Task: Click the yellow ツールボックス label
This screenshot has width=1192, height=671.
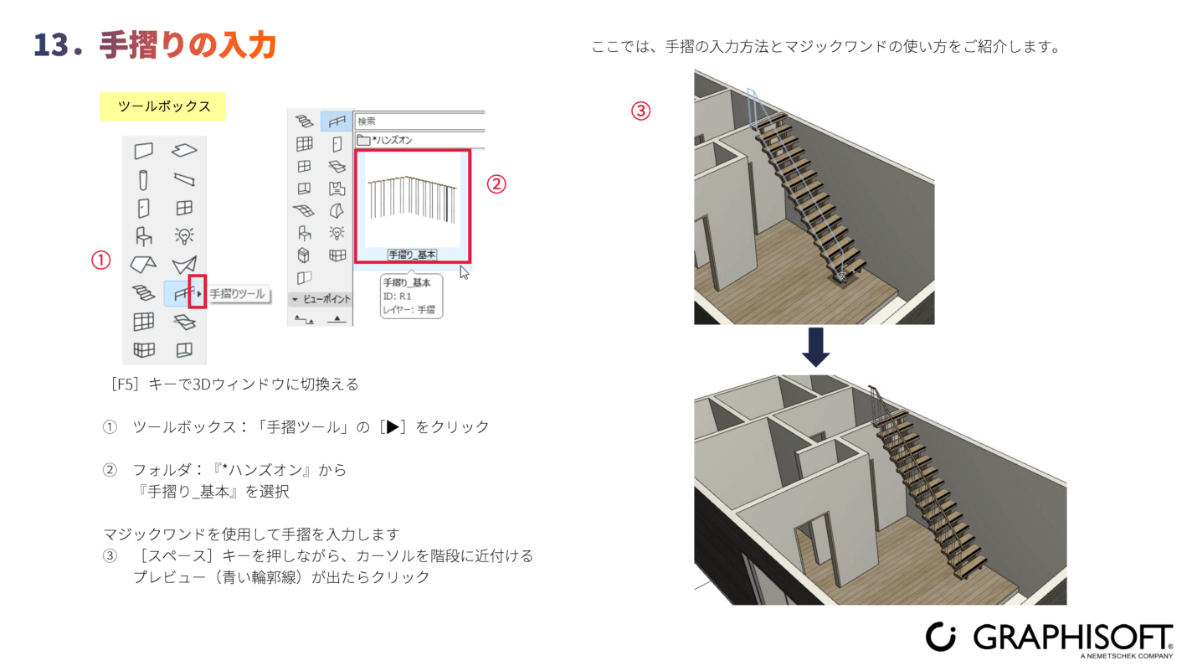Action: pyautogui.click(x=162, y=106)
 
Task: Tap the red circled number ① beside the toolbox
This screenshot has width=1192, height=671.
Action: pyautogui.click(x=100, y=261)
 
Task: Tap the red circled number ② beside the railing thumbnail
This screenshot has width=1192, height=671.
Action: pyautogui.click(x=496, y=184)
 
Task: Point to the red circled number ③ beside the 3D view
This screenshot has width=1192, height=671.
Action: pyautogui.click(x=640, y=111)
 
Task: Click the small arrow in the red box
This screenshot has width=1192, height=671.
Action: pyautogui.click(x=199, y=293)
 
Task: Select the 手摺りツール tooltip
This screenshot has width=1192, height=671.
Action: pyautogui.click(x=238, y=294)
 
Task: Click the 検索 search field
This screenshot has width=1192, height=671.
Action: pyautogui.click(x=419, y=121)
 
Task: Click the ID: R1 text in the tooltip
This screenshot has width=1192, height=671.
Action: pyautogui.click(x=397, y=296)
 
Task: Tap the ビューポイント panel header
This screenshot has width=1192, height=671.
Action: pyautogui.click(x=321, y=299)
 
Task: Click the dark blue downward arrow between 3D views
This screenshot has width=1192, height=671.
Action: pyautogui.click(x=815, y=347)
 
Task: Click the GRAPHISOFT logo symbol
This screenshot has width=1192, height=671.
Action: pyautogui.click(x=940, y=637)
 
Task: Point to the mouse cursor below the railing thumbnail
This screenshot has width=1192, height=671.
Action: pyautogui.click(x=464, y=272)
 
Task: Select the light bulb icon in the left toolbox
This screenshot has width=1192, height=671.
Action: pyautogui.click(x=184, y=235)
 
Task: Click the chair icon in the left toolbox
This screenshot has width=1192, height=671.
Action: pyautogui.click(x=144, y=236)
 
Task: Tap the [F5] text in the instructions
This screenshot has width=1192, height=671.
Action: pyautogui.click(x=125, y=385)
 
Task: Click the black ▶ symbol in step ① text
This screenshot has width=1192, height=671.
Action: pyautogui.click(x=393, y=427)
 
